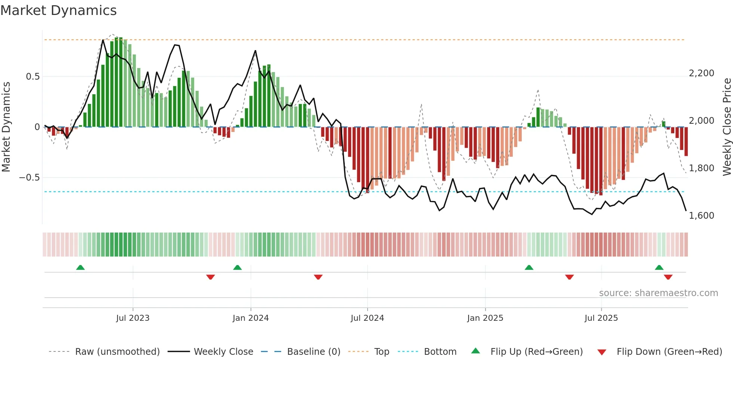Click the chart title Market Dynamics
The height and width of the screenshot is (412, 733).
pos(58,10)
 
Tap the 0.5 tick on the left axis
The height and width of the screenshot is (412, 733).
pos(33,77)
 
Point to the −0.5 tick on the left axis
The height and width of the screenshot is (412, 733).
pos(30,178)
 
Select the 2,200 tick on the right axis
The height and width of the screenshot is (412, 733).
pos(701,73)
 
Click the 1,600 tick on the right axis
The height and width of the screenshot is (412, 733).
pos(701,216)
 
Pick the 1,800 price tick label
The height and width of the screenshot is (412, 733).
pos(701,168)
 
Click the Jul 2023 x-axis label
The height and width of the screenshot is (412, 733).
pos(133,318)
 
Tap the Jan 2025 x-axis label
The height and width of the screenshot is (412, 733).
pos(485,318)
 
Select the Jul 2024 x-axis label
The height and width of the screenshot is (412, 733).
pos(367,318)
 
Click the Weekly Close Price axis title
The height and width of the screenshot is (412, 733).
pos(727,127)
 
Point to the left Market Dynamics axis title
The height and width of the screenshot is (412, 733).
pos(6,127)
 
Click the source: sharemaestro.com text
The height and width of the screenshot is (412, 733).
pos(658,293)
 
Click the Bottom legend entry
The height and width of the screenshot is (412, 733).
pos(440,352)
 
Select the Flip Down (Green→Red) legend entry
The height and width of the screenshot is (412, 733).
pos(669,352)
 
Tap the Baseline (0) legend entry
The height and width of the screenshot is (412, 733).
pos(313,352)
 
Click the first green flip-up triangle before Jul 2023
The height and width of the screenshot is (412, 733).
pos(80,267)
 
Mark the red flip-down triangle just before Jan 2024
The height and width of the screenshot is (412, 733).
pos(211,277)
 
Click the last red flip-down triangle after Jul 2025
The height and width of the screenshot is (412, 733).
pos(668,277)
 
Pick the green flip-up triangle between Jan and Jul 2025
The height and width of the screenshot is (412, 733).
pos(529,267)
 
